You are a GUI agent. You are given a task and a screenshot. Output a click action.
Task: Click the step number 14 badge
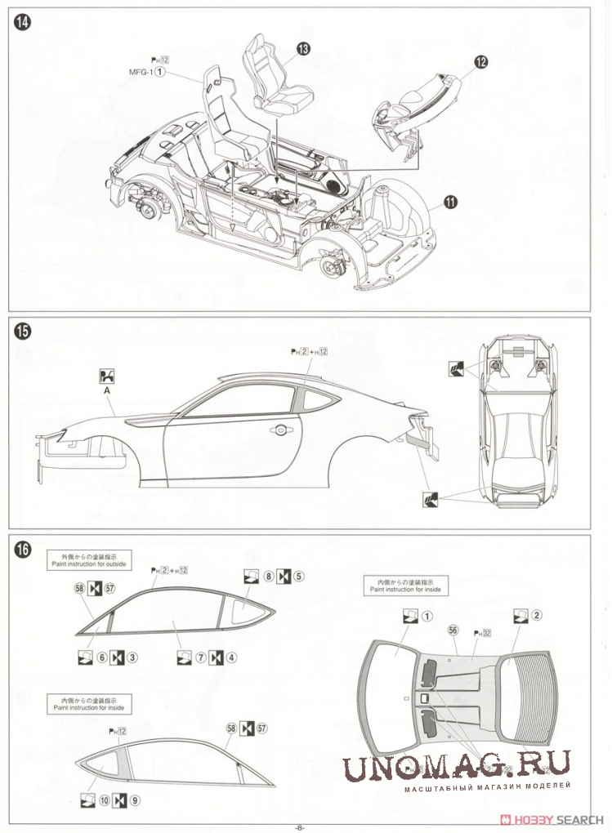coord(22,23)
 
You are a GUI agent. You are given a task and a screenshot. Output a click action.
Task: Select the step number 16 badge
coord(22,550)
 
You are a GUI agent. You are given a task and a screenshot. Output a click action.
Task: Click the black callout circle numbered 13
coord(303,50)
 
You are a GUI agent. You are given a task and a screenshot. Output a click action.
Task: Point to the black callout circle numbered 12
coord(480,61)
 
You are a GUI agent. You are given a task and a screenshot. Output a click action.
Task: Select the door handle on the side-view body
coord(282,429)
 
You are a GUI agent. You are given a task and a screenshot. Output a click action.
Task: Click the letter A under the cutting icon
coord(106,390)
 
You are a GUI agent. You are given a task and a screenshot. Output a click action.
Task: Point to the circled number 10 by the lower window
coord(104,800)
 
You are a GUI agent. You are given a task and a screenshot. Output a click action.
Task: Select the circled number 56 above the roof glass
coord(452,630)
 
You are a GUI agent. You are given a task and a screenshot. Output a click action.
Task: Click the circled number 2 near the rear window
coord(537,616)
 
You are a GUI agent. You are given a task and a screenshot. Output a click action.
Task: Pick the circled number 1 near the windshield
coord(427,616)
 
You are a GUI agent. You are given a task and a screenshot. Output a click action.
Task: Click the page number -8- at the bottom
coord(300,826)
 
